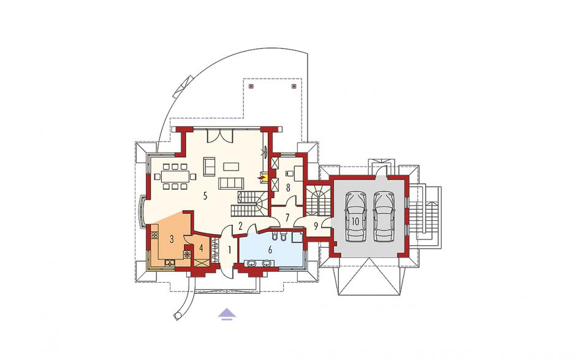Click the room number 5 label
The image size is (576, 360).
tap(205, 196)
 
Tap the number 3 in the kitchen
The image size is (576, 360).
tap(172, 239)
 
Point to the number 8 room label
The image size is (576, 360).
tap(288, 188)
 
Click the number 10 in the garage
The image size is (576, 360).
tap(355, 221)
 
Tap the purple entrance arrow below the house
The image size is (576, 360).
tap(227, 313)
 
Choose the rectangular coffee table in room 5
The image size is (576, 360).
tap(231, 167)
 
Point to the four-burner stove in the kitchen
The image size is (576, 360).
tap(154, 235)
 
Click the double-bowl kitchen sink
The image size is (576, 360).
tap(170, 262)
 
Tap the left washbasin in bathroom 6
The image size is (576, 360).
tap(251, 262)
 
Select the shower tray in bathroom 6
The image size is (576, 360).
tap(297, 237)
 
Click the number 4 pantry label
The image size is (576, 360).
tap(201, 248)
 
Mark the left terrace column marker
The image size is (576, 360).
tap(251, 86)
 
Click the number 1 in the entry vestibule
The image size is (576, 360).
tap(229, 250)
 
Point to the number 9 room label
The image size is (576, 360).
tap(316, 224)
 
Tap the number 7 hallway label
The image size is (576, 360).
tap(287, 217)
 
